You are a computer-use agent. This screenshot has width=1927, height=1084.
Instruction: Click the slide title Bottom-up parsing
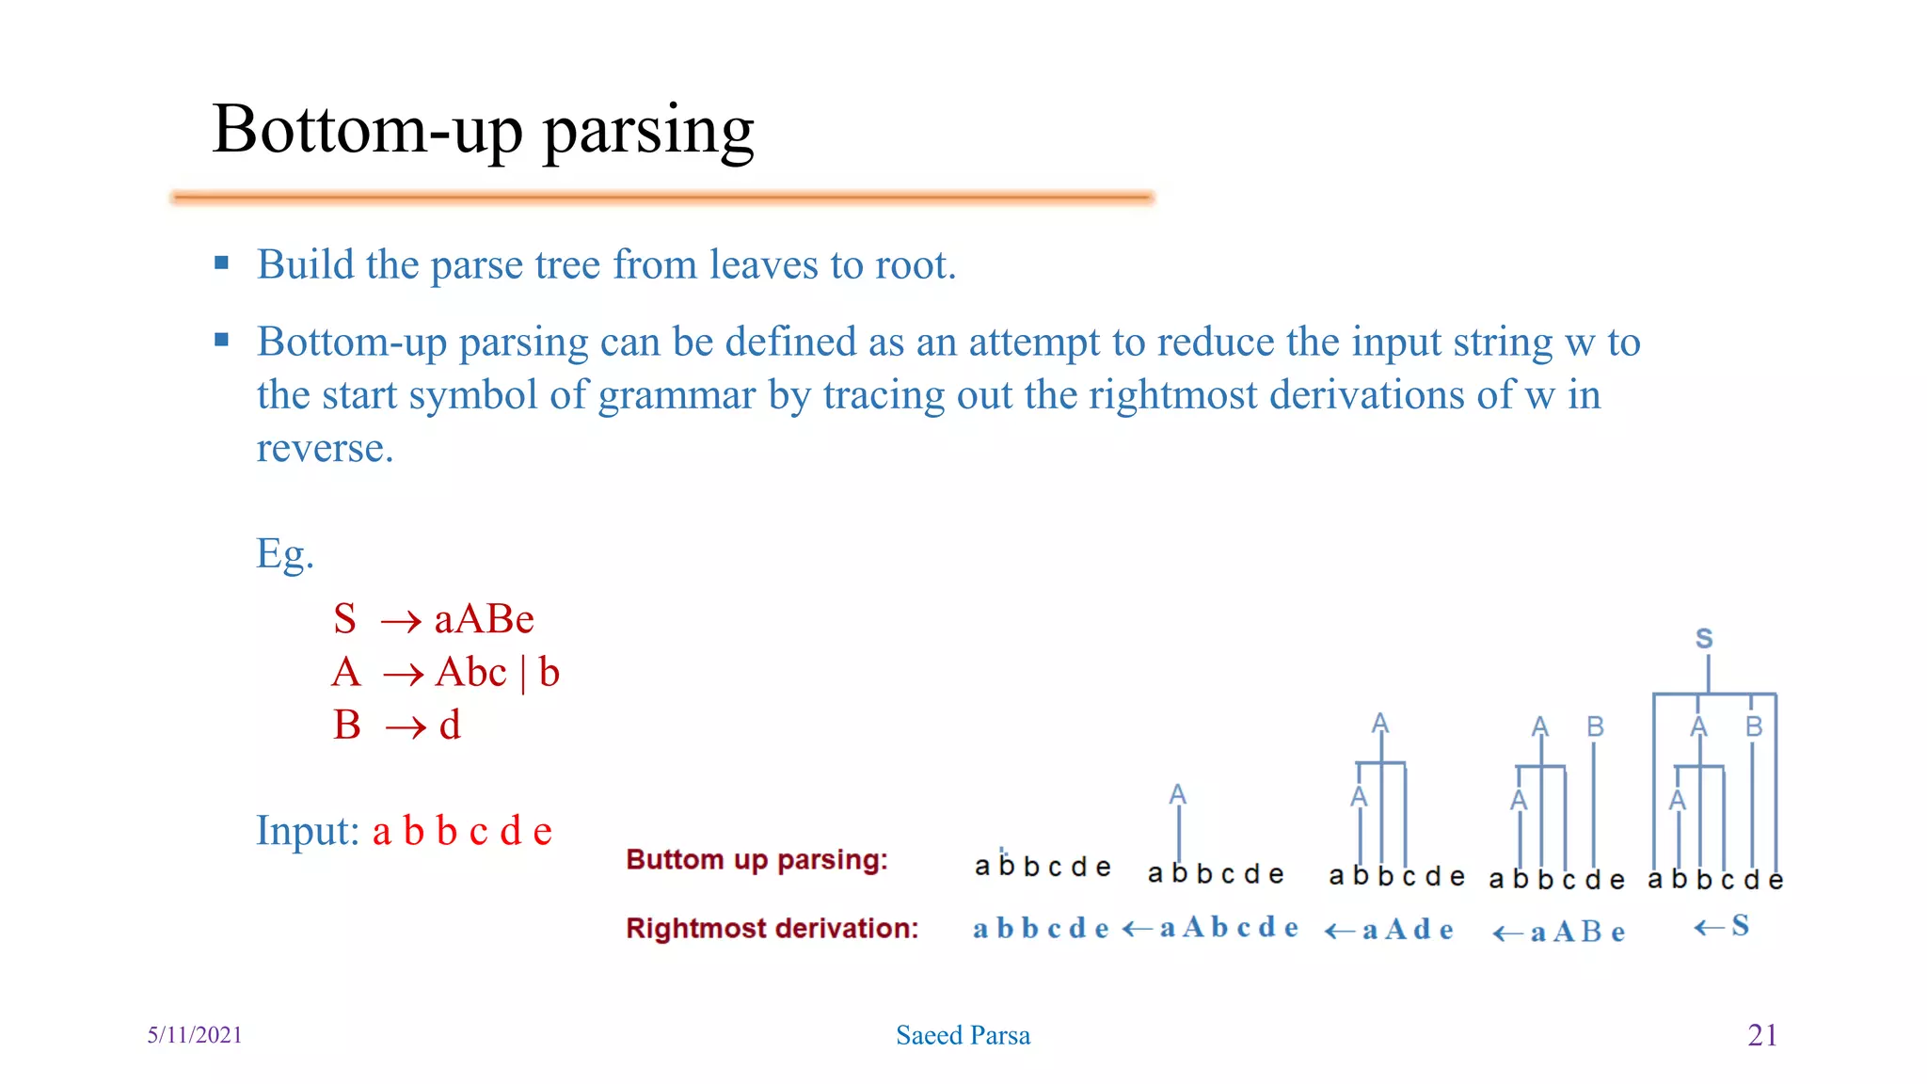pyautogui.click(x=483, y=130)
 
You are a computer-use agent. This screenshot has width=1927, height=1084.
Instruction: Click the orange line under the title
pyautogui.click(x=662, y=198)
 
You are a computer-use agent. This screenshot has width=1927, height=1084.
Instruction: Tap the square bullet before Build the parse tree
pyautogui.click(x=222, y=263)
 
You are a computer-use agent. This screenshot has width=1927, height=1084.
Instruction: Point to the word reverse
pyautogui.click(x=325, y=449)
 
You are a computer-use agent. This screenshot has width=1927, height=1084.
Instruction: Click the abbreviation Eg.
pyautogui.click(x=284, y=553)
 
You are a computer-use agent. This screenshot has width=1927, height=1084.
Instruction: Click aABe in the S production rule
pyautogui.click(x=484, y=620)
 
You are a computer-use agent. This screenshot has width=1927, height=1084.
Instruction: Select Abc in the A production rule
pyautogui.click(x=471, y=673)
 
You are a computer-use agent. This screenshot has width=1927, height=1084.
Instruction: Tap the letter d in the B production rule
pyautogui.click(x=450, y=725)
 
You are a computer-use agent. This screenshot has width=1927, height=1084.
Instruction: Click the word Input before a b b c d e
pyautogui.click(x=307, y=831)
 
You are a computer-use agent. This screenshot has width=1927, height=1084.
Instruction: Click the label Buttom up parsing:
pyautogui.click(x=756, y=860)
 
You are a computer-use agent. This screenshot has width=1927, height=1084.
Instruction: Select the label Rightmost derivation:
pyautogui.click(x=772, y=929)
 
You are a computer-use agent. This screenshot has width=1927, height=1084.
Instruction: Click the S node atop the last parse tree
pyautogui.click(x=1704, y=640)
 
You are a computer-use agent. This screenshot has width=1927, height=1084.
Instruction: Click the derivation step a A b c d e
pyautogui.click(x=1229, y=929)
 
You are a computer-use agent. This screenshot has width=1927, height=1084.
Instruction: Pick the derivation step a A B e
pyautogui.click(x=1577, y=933)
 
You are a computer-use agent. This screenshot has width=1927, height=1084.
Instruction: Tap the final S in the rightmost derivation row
pyautogui.click(x=1740, y=926)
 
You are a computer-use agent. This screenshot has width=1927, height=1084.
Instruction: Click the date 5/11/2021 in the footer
pyautogui.click(x=195, y=1035)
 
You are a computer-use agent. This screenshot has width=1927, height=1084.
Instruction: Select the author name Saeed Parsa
pyautogui.click(x=963, y=1036)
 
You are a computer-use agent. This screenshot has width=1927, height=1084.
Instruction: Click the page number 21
pyautogui.click(x=1761, y=1035)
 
